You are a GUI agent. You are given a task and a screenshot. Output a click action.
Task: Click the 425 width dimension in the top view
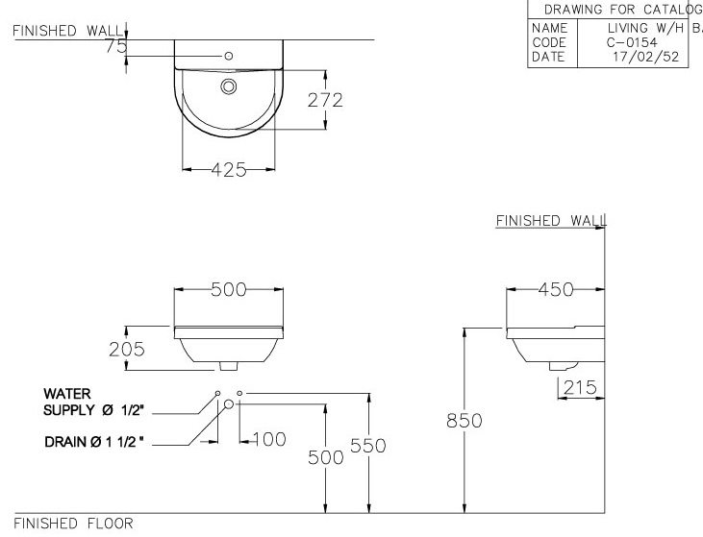(x=229, y=170)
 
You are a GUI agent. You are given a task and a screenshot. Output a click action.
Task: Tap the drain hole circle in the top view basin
(x=229, y=87)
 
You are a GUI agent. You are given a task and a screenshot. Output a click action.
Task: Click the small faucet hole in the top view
(x=228, y=56)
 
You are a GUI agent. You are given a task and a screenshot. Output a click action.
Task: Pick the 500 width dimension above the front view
(x=229, y=289)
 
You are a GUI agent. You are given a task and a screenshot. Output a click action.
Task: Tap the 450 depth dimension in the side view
(x=555, y=289)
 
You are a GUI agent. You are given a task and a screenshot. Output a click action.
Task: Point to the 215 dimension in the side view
(x=581, y=387)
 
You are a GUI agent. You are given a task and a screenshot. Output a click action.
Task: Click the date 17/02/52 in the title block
(x=639, y=57)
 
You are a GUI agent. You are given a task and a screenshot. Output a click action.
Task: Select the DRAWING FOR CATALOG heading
(x=620, y=10)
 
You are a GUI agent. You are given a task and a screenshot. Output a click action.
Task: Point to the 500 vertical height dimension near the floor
(x=325, y=457)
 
